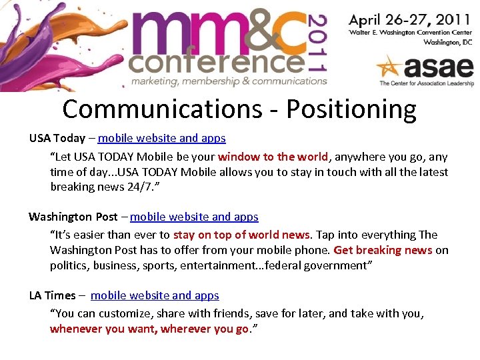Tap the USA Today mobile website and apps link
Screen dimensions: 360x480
point(161,139)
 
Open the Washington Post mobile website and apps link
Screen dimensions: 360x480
point(194,217)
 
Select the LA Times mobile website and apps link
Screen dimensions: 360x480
point(155,295)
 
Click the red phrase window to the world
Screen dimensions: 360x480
point(273,157)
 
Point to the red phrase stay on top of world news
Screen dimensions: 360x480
point(242,235)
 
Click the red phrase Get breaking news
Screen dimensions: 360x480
point(383,250)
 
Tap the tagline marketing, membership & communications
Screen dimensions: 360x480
point(229,81)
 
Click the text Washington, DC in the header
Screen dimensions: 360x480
point(448,41)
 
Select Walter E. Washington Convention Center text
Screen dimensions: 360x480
point(411,32)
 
